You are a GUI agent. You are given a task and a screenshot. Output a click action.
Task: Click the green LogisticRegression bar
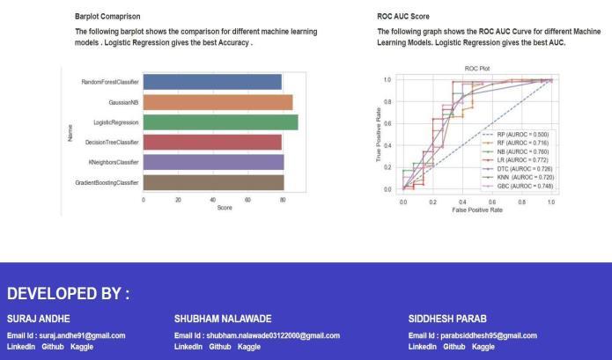click(x=220, y=122)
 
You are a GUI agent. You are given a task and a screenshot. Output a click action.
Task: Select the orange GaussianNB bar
click(x=218, y=103)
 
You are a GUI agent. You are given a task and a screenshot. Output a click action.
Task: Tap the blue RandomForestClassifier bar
click(x=212, y=82)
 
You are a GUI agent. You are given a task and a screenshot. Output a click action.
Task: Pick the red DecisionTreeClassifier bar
click(x=212, y=143)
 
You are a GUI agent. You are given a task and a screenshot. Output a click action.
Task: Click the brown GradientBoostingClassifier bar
click(x=213, y=182)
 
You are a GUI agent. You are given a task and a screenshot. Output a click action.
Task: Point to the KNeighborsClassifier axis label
click(x=114, y=162)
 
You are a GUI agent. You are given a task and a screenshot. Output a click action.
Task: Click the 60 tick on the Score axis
click(x=247, y=200)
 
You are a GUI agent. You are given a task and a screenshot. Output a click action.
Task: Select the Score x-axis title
click(x=225, y=208)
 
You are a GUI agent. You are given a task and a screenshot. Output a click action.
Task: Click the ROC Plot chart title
click(x=477, y=69)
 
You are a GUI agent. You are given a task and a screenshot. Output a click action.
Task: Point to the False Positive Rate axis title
click(x=477, y=209)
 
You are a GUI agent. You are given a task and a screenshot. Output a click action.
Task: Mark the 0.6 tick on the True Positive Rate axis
click(x=387, y=123)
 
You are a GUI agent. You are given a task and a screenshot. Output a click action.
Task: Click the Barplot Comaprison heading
click(x=107, y=17)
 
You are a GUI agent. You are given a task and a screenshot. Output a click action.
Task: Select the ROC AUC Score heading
click(x=403, y=17)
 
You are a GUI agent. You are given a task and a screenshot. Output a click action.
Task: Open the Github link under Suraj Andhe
click(x=53, y=347)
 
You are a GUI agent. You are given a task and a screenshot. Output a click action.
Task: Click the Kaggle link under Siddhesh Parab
click(x=483, y=347)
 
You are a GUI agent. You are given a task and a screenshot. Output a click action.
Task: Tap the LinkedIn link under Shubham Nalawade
click(x=188, y=347)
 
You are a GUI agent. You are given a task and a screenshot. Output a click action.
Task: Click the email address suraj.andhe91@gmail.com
click(x=83, y=335)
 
